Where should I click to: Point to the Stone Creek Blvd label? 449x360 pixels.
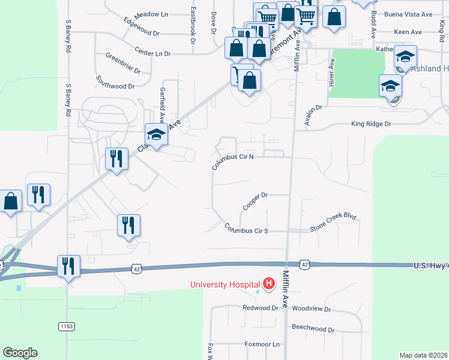(x=333, y=224)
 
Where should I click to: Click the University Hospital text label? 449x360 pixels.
(x=225, y=284)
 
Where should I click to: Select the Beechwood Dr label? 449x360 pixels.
(x=313, y=329)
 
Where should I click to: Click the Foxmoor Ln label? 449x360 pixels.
(x=262, y=344)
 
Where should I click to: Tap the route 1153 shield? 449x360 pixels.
(x=67, y=326)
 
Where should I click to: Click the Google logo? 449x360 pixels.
(x=20, y=353)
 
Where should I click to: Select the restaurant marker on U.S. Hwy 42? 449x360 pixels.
(x=68, y=265)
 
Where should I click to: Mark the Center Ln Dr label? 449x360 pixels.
(x=152, y=53)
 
